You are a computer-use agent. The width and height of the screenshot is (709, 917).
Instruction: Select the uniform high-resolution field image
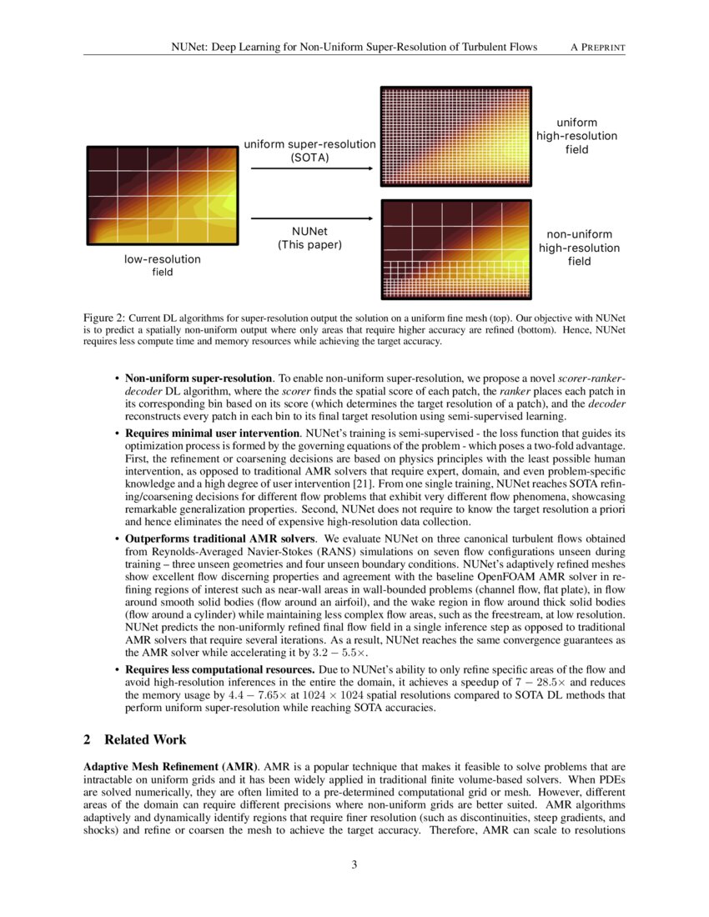point(455,137)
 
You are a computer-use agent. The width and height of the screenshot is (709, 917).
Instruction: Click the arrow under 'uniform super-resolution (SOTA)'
point(311,169)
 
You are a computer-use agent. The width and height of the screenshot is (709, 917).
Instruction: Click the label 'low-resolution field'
point(163,266)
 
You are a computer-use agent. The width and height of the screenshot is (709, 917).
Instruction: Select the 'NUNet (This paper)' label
point(309,238)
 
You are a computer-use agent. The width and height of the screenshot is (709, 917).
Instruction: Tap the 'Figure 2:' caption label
point(105,318)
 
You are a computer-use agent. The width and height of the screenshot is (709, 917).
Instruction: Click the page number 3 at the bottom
point(354,864)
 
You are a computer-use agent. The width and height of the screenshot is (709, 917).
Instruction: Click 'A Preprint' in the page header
point(597,47)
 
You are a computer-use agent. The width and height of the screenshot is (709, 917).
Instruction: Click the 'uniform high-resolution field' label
point(576,136)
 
